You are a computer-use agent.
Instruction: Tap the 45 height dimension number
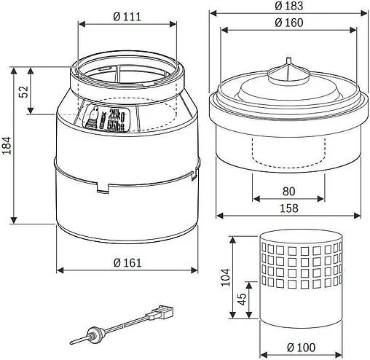pos(240,300)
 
